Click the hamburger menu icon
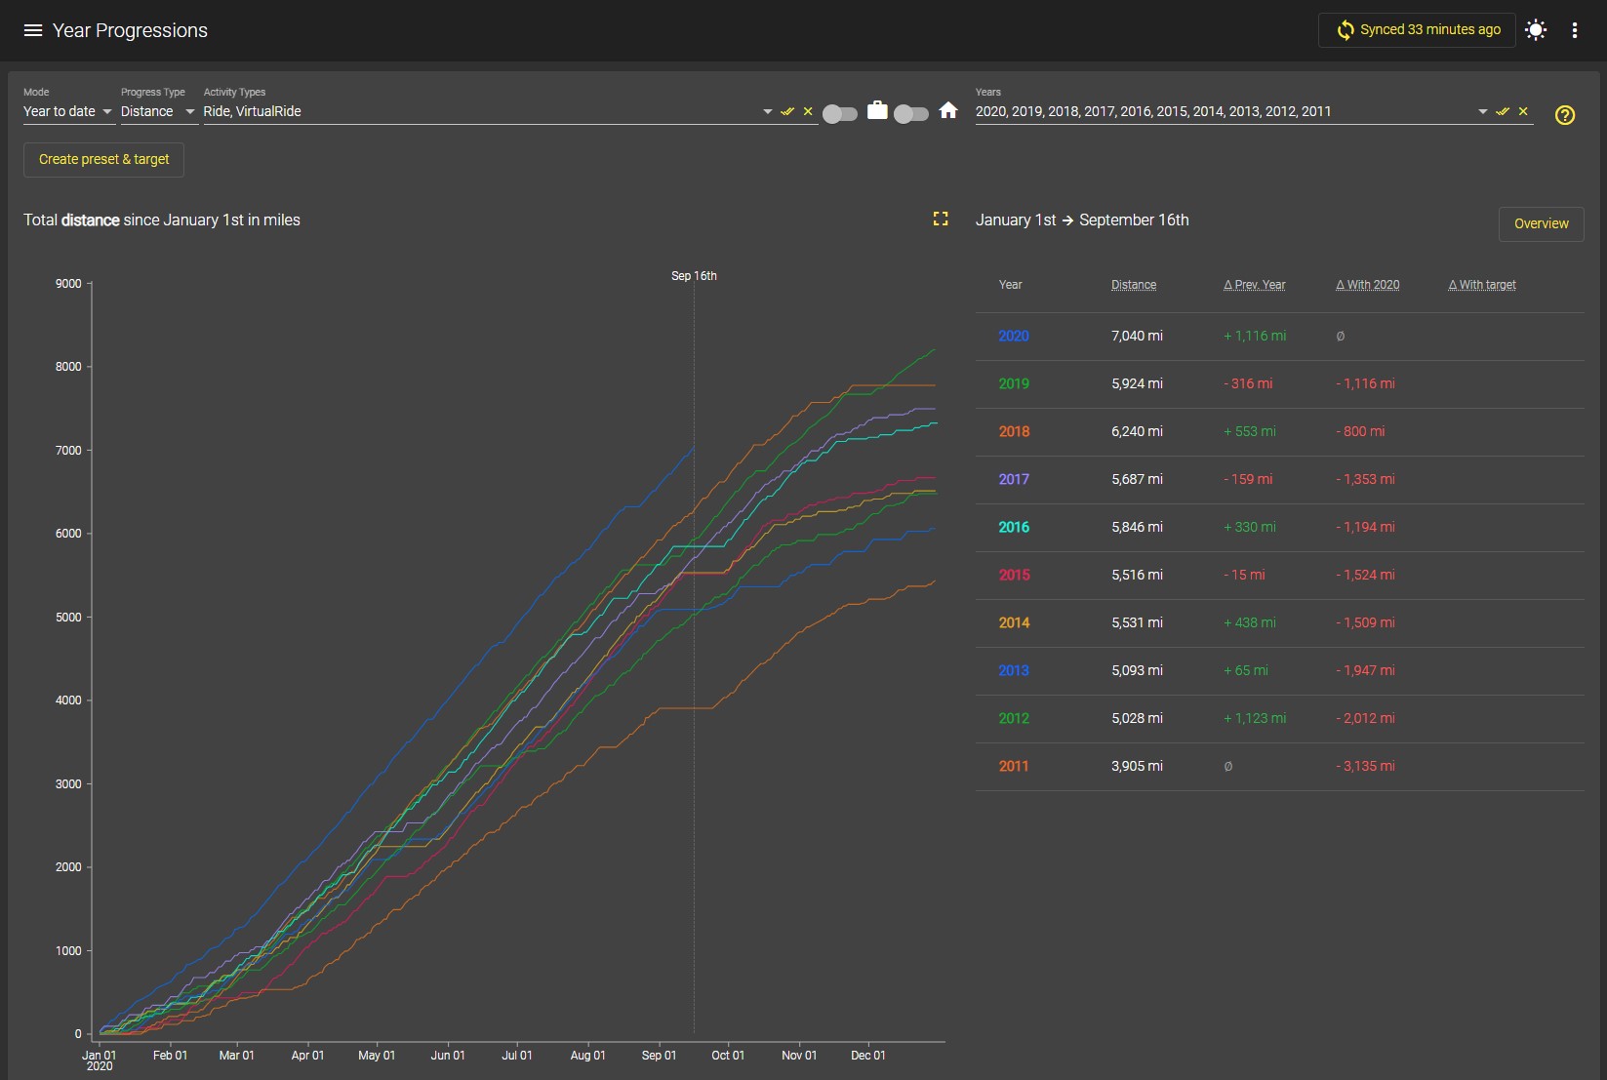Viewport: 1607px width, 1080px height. (33, 30)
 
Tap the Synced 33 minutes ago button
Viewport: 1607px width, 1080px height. (1417, 30)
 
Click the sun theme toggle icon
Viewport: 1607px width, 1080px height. (1536, 30)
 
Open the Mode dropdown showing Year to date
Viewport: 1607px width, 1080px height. (68, 111)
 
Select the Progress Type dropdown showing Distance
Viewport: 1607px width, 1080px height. (158, 111)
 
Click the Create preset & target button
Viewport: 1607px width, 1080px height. (104, 159)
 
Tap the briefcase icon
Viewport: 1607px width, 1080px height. (877, 110)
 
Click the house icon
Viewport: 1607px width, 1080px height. (948, 110)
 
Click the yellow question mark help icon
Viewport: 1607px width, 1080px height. (1565, 115)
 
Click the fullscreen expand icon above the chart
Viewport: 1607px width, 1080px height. (941, 219)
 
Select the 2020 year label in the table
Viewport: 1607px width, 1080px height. (1014, 336)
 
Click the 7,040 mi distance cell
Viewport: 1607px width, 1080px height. (1137, 336)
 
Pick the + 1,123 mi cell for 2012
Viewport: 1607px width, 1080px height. (1255, 718)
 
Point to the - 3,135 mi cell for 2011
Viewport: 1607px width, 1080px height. (1365, 766)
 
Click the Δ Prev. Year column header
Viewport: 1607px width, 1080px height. (1255, 285)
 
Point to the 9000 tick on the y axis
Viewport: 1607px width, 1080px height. (68, 283)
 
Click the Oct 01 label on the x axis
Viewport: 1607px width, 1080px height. (728, 1055)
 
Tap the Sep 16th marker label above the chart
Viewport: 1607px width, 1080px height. (694, 276)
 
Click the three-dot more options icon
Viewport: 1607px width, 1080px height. (1575, 30)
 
